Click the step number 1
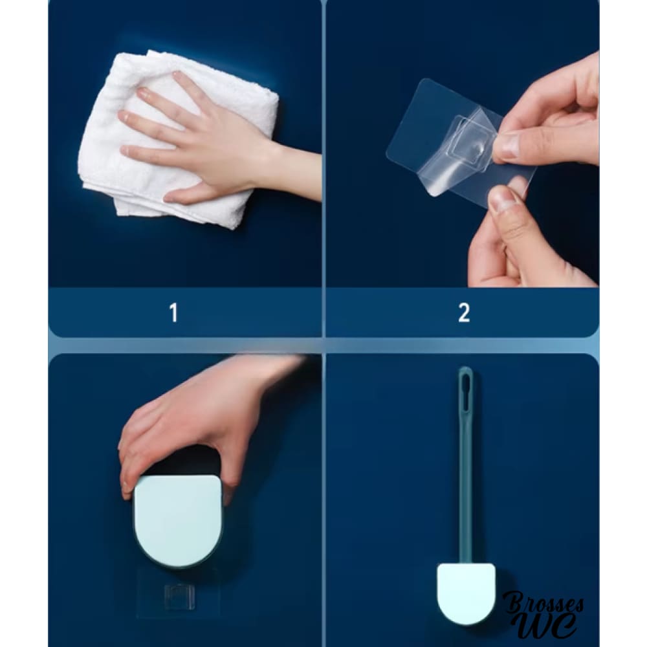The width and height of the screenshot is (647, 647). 173,313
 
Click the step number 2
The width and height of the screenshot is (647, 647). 464,313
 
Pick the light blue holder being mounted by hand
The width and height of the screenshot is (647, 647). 179,521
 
